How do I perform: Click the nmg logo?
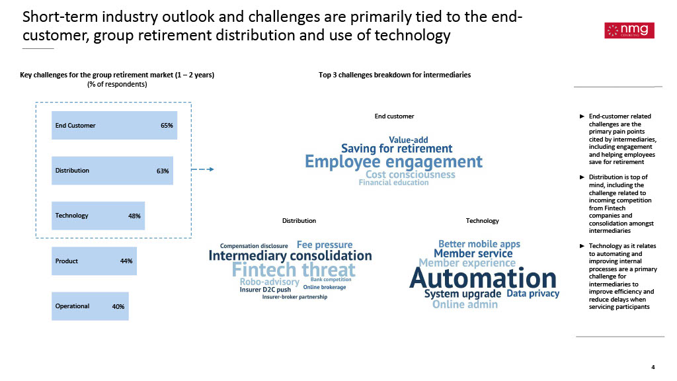tap(629, 30)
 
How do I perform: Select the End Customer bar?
tap(114, 125)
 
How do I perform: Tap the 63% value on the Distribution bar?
tap(163, 171)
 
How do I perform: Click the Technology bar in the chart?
tap(98, 216)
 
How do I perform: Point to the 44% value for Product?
tap(126, 261)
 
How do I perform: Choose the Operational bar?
tap(90, 306)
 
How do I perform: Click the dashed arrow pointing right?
tap(202, 169)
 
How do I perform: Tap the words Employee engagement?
tap(394, 162)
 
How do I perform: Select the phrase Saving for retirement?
tap(397, 149)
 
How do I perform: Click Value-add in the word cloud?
tap(409, 140)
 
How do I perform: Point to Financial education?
tap(394, 183)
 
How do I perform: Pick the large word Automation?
tap(483, 278)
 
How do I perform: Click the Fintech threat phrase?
tap(294, 270)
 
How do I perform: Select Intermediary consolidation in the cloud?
tap(290, 256)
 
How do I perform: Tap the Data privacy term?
tap(533, 294)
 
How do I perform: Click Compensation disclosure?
tap(254, 246)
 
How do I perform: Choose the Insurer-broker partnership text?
tap(295, 297)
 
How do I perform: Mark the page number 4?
tap(653, 367)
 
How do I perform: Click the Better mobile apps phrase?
tap(479, 244)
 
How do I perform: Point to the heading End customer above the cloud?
tap(394, 116)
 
